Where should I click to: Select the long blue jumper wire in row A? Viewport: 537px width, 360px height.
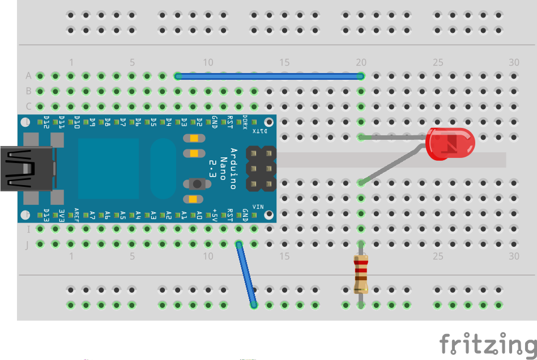click(270, 76)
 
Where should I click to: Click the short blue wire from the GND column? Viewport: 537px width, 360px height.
click(246, 275)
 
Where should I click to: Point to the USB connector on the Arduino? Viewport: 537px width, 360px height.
click(25, 168)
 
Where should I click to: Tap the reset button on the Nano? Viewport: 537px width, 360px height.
click(197, 183)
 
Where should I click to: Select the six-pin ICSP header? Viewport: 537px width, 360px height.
click(261, 168)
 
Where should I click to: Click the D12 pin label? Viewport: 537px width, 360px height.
click(47, 122)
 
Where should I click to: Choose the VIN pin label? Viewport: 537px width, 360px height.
click(258, 207)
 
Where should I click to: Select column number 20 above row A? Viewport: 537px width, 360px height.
click(361, 62)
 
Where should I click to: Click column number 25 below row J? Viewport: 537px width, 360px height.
click(437, 256)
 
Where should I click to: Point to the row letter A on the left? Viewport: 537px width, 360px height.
click(28, 76)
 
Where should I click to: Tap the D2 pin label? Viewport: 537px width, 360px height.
click(199, 122)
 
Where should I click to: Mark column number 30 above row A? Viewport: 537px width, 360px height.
click(514, 62)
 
